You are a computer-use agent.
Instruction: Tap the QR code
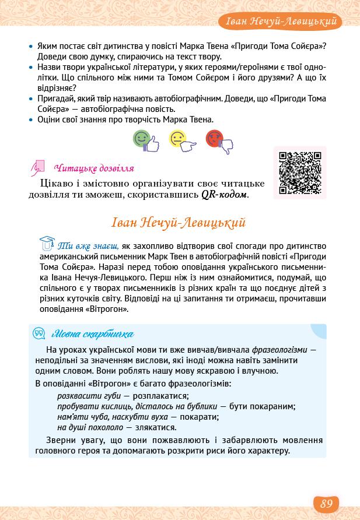tap(300, 173)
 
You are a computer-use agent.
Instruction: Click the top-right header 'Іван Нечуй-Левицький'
tap(282, 22)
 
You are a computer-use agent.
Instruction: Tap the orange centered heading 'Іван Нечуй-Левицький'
tap(177, 223)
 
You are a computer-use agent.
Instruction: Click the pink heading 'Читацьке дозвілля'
tap(93, 168)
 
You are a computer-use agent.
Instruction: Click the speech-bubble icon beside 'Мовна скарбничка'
tap(40, 334)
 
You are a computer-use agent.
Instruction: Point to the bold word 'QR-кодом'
tap(225, 194)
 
